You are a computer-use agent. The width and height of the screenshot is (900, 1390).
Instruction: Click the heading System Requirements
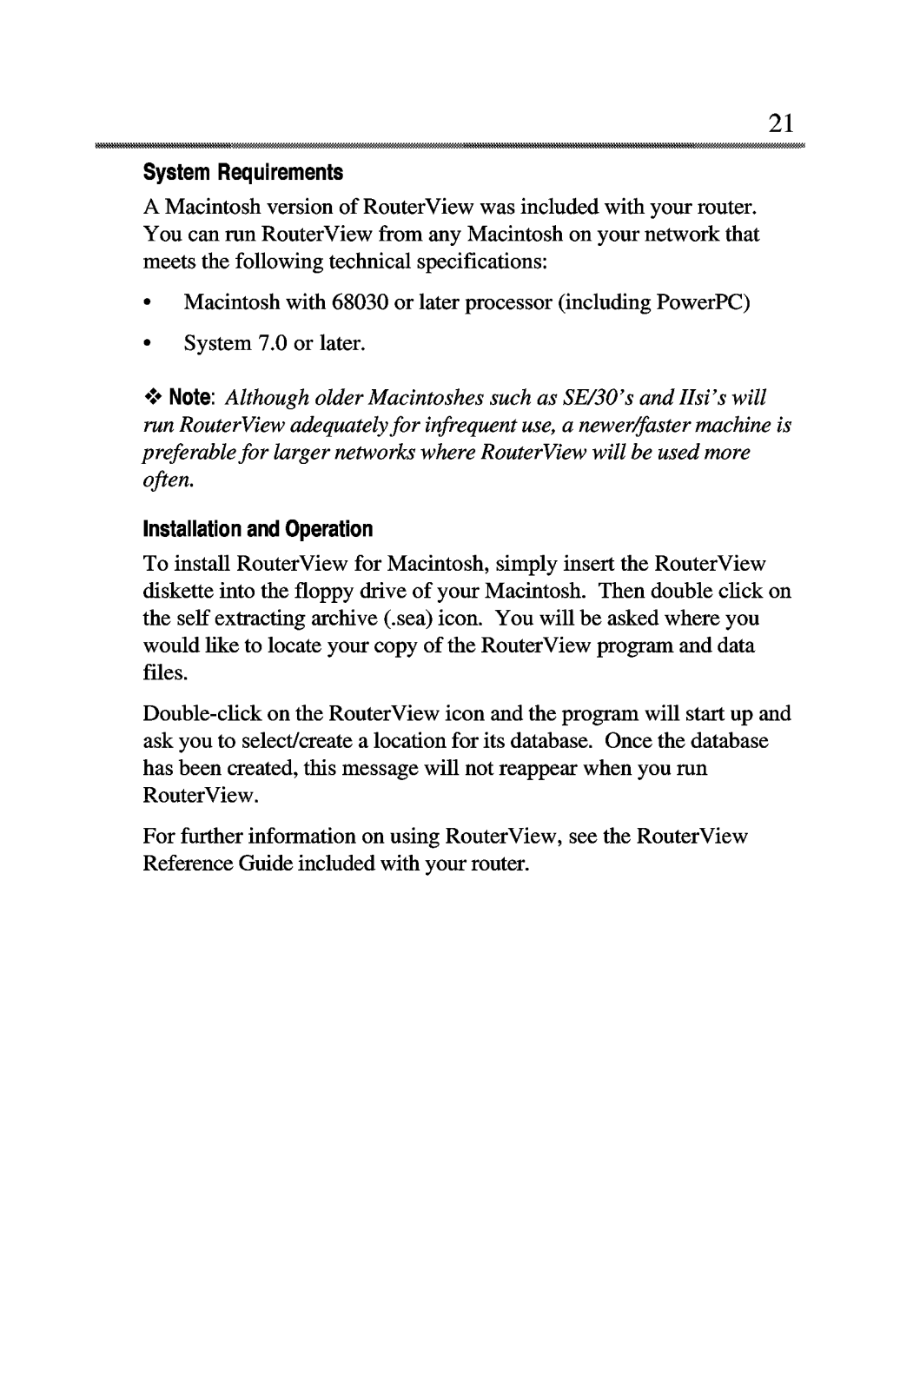[243, 173]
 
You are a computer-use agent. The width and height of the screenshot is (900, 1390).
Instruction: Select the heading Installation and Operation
[257, 529]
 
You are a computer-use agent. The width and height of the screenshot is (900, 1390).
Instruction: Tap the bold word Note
[192, 398]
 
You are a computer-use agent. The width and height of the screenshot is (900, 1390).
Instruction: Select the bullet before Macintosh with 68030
[149, 303]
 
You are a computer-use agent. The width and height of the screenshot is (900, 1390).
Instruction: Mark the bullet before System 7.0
[149, 344]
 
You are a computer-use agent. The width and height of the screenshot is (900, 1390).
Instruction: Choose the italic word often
[162, 480]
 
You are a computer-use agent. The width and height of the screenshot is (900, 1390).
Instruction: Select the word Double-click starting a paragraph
[195, 714]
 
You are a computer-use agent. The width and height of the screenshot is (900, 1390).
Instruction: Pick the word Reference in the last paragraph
[182, 864]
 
